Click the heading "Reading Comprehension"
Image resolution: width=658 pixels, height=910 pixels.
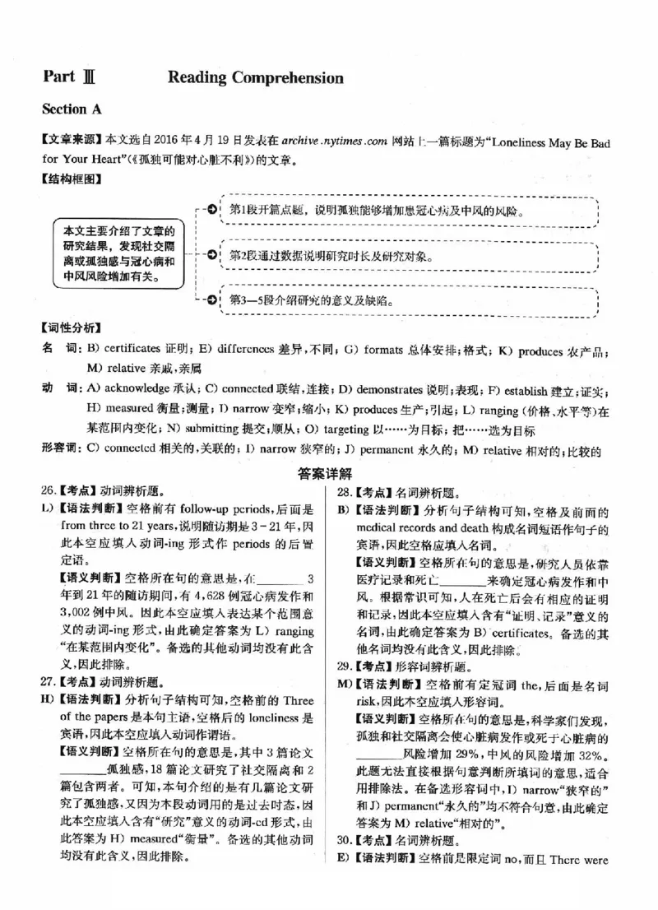click(x=255, y=78)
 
